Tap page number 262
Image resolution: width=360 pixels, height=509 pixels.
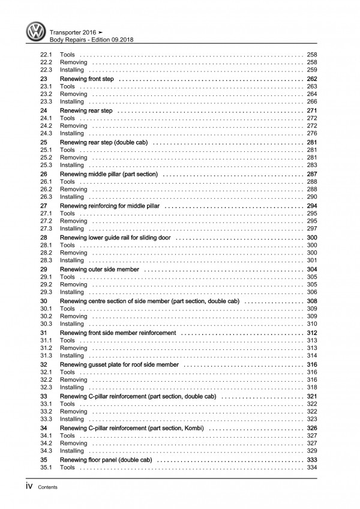tap(311, 79)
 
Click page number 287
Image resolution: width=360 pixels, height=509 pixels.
tap(311, 174)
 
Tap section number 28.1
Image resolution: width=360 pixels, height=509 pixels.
tap(46, 245)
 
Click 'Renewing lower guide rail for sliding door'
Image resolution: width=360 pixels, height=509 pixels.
tap(115, 238)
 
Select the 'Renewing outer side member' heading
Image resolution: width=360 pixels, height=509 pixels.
tap(100, 270)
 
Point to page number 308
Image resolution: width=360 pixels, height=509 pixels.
tap(311, 301)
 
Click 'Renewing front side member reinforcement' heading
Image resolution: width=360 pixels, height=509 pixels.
tap(118, 333)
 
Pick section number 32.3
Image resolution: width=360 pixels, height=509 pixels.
tap(46, 387)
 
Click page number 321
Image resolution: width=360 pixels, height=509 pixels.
tap(311, 396)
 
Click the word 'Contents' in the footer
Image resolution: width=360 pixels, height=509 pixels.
tap(47, 487)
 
